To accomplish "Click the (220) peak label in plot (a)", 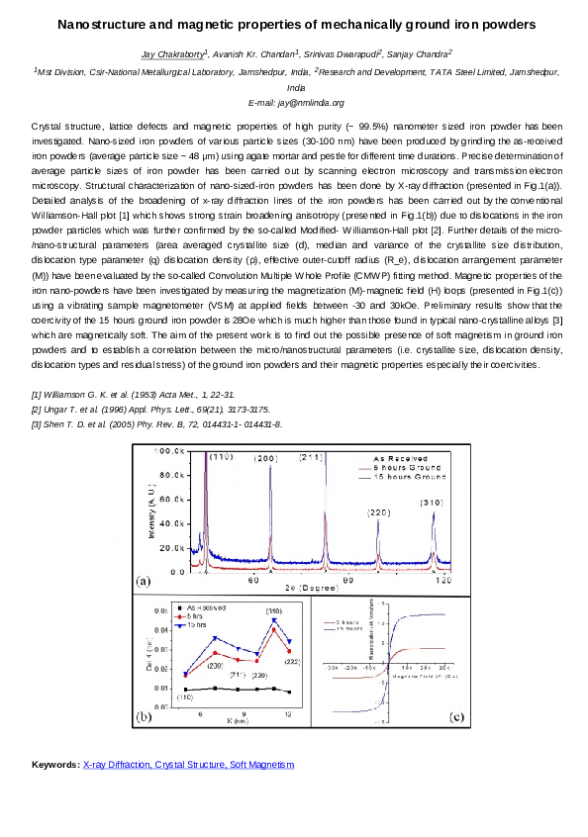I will point(379,512).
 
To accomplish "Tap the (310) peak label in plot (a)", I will point(431,504).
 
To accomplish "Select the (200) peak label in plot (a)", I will point(266,459).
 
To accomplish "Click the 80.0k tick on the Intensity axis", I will point(173,476).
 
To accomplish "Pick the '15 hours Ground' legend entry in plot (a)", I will point(399,477).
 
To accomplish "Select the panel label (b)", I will point(145,743).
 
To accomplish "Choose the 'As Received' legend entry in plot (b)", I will point(204,606).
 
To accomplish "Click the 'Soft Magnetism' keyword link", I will point(261,765).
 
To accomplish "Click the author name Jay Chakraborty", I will point(163,54).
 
